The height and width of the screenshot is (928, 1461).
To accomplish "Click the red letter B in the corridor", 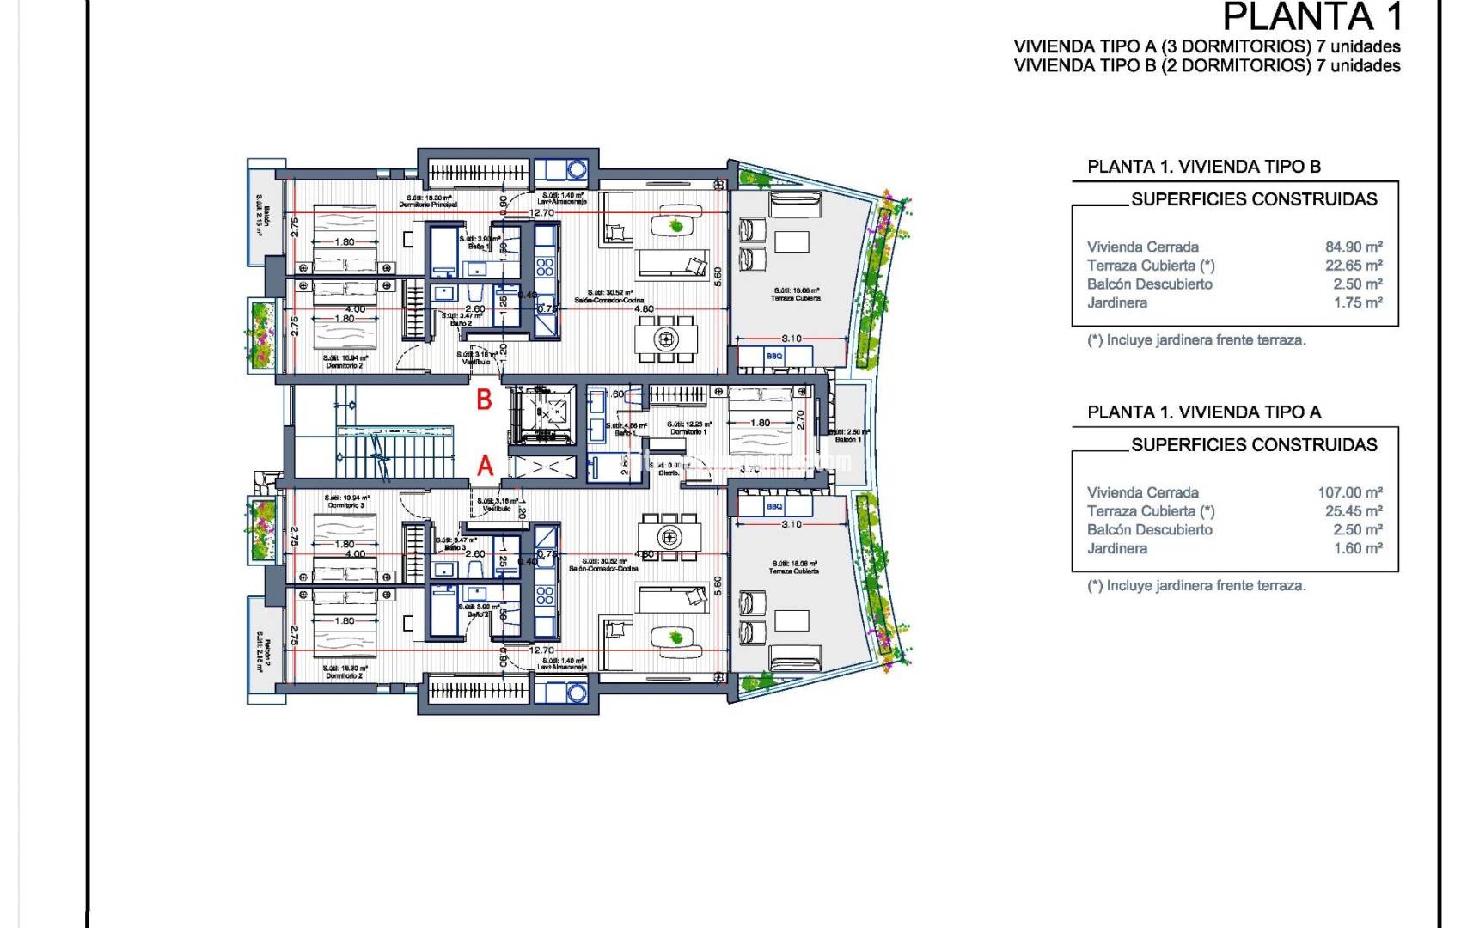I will coord(485,399).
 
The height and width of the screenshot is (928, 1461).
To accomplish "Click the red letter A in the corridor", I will coord(486,466).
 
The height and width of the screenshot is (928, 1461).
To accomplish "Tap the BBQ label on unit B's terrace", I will coord(774,356).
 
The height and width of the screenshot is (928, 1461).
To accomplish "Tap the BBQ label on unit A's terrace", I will coord(774,507).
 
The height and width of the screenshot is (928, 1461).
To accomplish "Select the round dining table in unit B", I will coord(665,339).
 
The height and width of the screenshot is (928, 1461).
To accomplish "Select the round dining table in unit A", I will coord(669,538).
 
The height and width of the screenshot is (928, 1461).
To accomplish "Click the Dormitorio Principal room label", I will coord(428,205).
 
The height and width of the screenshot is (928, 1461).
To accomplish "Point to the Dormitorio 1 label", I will coord(688,431).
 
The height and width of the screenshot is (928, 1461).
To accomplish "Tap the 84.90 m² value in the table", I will coord(1353,247).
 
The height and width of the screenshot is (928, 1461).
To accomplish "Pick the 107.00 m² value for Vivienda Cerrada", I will coord(1349,492).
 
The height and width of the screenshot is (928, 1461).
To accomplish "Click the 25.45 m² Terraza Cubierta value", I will coord(1353,511).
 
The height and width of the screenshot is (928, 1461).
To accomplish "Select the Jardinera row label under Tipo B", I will coord(1116,302).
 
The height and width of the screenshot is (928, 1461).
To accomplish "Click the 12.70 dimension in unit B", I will coord(541,212).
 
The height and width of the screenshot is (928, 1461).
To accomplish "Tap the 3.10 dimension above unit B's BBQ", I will coord(791,339).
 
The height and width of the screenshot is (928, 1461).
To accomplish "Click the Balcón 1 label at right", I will coord(847,439).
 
